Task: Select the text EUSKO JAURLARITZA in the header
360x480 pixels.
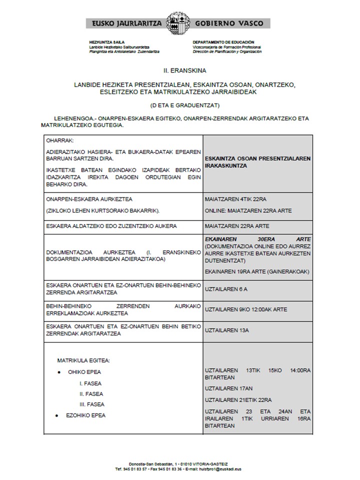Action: [x=125, y=23]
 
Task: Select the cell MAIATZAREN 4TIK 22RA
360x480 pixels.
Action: [x=231, y=198]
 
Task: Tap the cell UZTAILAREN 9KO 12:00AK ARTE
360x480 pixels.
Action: [x=246, y=309]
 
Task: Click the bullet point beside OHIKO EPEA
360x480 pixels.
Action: [x=59, y=372]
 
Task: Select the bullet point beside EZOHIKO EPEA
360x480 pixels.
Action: [x=59, y=415]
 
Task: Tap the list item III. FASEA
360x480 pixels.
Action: [x=92, y=404]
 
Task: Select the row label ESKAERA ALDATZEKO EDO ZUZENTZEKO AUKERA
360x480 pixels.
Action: [x=111, y=226]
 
